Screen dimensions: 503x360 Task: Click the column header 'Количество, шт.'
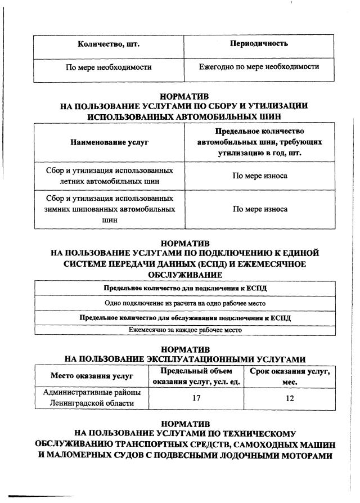pyautogui.click(x=109, y=43)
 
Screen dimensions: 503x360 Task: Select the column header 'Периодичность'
pyautogui.click(x=259, y=43)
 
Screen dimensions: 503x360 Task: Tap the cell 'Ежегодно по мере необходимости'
pyautogui.click(x=259, y=67)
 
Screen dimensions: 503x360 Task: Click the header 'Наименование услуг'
pyautogui.click(x=109, y=142)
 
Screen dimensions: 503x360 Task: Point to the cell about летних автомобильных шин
pyautogui.click(x=109, y=176)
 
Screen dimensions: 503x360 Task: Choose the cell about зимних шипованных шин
pyautogui.click(x=109, y=209)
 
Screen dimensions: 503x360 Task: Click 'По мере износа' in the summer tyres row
pyautogui.click(x=260, y=176)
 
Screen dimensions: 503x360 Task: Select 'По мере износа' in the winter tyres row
pyautogui.click(x=260, y=209)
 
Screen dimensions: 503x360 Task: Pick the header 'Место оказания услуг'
pyautogui.click(x=92, y=376)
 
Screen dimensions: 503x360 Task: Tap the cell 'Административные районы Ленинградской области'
pyautogui.click(x=92, y=398)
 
